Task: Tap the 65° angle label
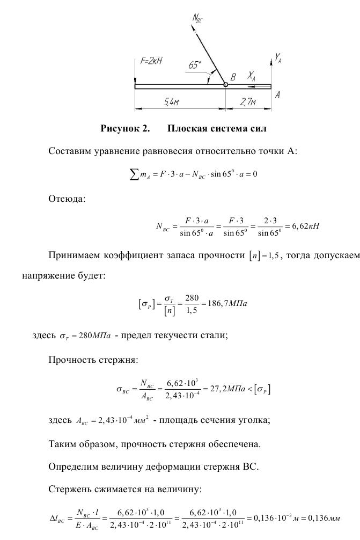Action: pos(195,65)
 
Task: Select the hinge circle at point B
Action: pos(225,84)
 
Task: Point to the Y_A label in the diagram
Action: pos(278,57)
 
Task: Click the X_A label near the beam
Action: pos(251,77)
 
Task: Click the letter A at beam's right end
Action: pos(277,94)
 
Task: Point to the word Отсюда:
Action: pos(67,199)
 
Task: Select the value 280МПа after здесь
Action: pos(94,336)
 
